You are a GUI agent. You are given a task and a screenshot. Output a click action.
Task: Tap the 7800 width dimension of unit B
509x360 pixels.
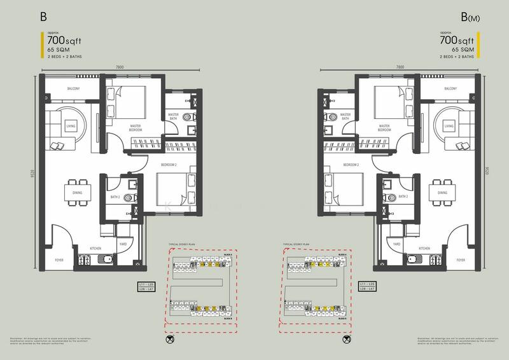tap(102, 67)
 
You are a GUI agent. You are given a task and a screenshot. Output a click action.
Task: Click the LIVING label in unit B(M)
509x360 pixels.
tap(449, 127)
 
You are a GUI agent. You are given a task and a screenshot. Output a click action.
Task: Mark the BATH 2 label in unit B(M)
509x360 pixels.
tap(403, 197)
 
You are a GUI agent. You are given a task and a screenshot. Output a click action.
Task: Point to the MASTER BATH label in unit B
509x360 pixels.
tap(173, 116)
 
